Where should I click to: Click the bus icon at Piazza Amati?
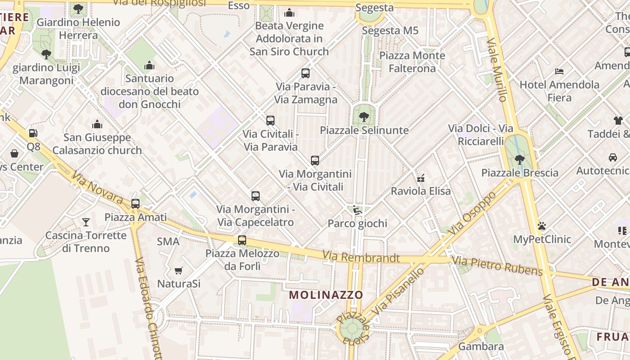[x=135, y=203]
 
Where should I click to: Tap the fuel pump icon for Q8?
[x=33, y=133]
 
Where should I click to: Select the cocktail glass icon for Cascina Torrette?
[x=86, y=222]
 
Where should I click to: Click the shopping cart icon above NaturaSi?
[x=179, y=270]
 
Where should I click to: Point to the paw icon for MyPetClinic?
[x=542, y=226]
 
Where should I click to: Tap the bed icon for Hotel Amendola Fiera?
[x=559, y=71]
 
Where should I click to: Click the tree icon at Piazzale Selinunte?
[x=364, y=117]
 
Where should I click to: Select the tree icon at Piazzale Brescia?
[x=520, y=159]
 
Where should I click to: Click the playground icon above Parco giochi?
[x=357, y=210]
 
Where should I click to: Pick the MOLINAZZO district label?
[x=326, y=295]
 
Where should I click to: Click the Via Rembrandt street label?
[x=361, y=257]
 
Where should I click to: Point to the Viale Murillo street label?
[x=497, y=70]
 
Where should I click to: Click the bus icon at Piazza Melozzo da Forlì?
[x=242, y=240]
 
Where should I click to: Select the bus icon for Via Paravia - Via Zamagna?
[x=306, y=73]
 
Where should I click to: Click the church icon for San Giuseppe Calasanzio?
[x=97, y=124]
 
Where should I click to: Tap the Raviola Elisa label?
[x=421, y=191]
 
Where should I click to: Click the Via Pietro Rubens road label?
[x=497, y=265]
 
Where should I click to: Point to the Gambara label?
[x=481, y=346]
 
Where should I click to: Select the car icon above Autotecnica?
[x=612, y=157]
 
